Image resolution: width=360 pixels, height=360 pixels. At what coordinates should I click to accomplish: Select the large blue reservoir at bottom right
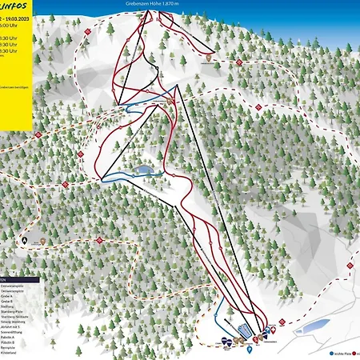pyautogui.click(x=311, y=326)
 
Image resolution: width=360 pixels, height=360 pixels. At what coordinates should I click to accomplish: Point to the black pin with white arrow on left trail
pyautogui.click(x=25, y=238)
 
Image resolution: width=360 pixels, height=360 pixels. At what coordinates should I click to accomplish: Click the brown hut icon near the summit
pyautogui.click(x=210, y=57)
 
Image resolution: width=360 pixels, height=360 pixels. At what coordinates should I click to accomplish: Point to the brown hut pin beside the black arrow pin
pyautogui.click(x=42, y=239)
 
